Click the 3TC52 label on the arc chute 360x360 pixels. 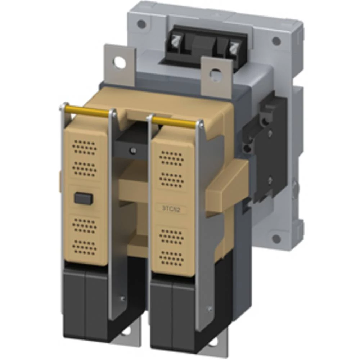coord(171,208)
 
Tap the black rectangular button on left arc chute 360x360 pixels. coord(84,198)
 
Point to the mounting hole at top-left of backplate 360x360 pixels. coord(141,24)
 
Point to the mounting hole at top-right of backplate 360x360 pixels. coord(276,41)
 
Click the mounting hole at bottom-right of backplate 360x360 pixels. coord(276,239)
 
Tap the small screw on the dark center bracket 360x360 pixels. coord(134,150)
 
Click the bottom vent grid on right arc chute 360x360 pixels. coord(171,258)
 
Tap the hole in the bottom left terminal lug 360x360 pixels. coord(126,332)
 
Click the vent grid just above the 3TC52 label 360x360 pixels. coord(171,179)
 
